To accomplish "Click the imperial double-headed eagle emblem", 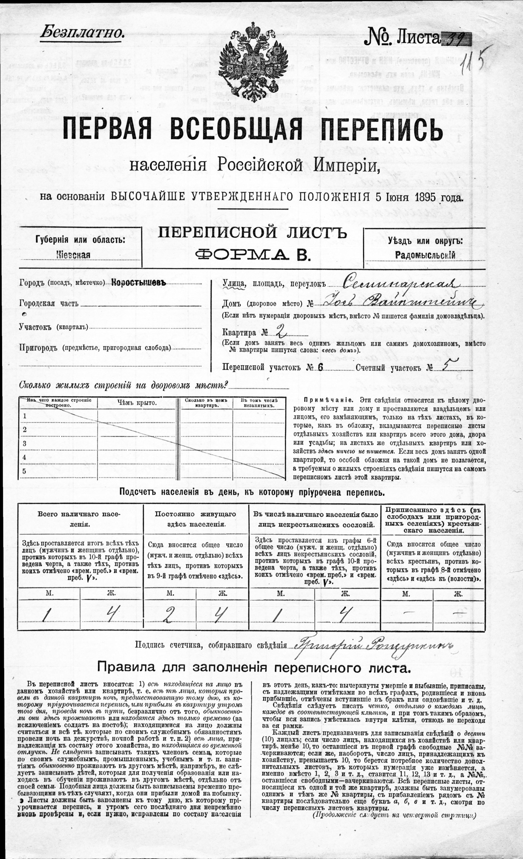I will click(252, 63).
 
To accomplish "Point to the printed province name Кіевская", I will click(73, 255).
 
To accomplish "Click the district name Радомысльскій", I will click(425, 255).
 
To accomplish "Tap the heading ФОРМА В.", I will click(252, 255).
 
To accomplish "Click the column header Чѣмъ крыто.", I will click(137, 403).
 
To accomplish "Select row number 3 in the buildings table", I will click(25, 443).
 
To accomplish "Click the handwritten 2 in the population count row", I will click(167, 616).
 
